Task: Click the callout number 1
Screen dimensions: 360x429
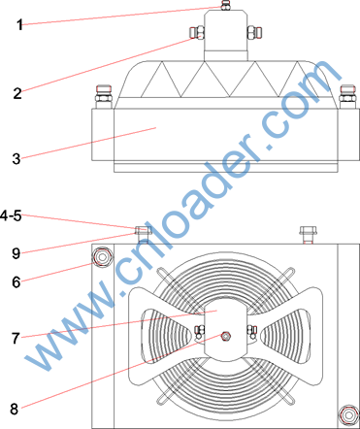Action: (x=19, y=25)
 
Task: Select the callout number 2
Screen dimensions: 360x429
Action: (x=17, y=93)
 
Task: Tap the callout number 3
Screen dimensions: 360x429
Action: (x=16, y=159)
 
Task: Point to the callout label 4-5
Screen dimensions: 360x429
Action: (x=11, y=215)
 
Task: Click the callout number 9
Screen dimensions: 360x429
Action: (x=16, y=253)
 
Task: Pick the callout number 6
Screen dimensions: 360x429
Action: (x=16, y=282)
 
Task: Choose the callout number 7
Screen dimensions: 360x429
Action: (x=16, y=339)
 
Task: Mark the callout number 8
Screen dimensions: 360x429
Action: (x=15, y=410)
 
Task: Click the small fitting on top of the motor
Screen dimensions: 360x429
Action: (x=226, y=6)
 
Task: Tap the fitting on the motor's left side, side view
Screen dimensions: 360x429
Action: (x=196, y=33)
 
